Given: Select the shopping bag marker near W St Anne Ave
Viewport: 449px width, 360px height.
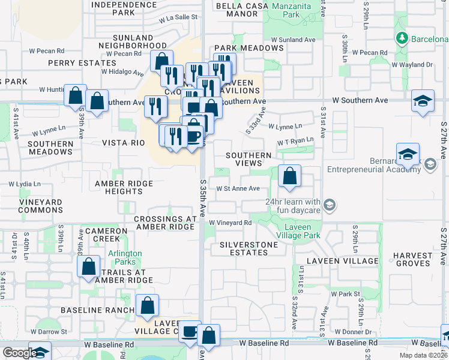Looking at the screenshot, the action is point(289,177).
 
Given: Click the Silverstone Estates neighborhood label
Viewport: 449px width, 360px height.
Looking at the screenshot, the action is point(249,248).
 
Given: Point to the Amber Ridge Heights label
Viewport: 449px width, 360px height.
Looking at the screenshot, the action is point(124,187).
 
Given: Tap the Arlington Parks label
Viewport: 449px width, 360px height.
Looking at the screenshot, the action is point(125,258).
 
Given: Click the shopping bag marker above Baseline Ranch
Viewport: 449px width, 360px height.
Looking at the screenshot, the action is point(147,306).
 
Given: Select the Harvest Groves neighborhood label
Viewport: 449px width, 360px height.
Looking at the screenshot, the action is point(413,259).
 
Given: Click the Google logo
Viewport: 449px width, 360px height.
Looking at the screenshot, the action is point(19,353).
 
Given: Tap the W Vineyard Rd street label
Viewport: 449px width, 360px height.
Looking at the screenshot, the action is point(231,223).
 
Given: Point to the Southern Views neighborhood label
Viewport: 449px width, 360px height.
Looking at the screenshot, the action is point(249,159).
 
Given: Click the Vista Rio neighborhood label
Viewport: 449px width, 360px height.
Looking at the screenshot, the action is point(124,143).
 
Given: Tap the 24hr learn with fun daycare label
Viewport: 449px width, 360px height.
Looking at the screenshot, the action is point(293,206).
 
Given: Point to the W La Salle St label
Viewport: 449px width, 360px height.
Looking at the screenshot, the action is point(178,17).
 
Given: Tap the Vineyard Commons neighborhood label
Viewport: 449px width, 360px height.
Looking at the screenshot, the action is point(40,206).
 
